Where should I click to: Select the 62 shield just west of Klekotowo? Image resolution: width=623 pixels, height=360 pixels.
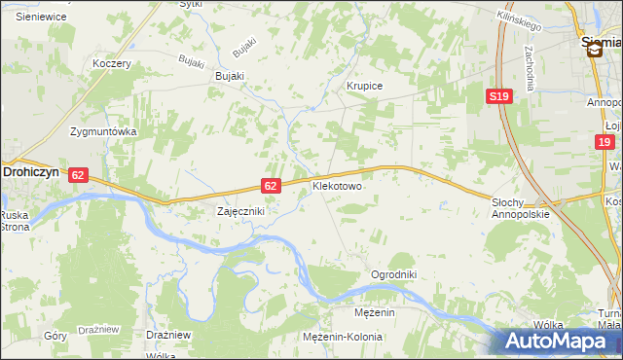[272, 185]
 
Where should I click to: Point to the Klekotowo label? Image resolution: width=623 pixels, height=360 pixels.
[337, 185]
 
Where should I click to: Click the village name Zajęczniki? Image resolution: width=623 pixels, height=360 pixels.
[239, 210]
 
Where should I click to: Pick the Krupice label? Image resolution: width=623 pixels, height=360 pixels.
[365, 86]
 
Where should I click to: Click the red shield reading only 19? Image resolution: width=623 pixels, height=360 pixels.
[605, 142]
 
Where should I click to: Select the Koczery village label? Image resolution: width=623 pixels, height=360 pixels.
[111, 63]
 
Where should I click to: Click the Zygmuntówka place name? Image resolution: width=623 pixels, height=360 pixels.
[103, 131]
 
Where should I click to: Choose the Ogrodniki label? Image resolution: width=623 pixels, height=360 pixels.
[393, 274]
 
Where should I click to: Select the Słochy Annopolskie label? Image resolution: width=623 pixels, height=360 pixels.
[521, 207]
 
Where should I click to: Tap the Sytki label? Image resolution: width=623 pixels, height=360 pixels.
[191, 4]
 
